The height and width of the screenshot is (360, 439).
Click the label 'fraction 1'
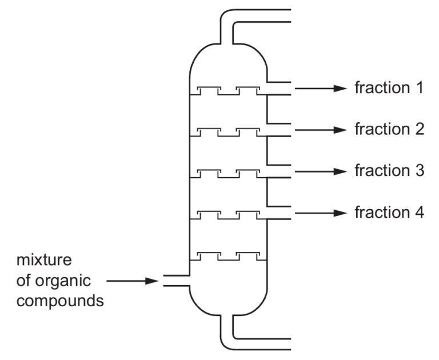(x=389, y=89)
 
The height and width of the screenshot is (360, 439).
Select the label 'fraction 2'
(x=389, y=130)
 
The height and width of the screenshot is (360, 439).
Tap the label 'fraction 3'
(x=389, y=171)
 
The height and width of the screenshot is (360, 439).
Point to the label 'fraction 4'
(x=389, y=213)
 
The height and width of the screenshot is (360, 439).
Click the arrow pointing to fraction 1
(x=322, y=89)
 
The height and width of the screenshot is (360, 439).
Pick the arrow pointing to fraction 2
(x=322, y=130)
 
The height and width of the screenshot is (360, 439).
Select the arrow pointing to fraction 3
(x=322, y=171)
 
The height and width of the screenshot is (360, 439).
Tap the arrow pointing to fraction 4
(x=322, y=213)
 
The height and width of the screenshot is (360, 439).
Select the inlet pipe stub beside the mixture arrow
(x=174, y=281)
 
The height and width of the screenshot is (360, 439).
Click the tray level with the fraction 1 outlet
(x=228, y=91)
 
